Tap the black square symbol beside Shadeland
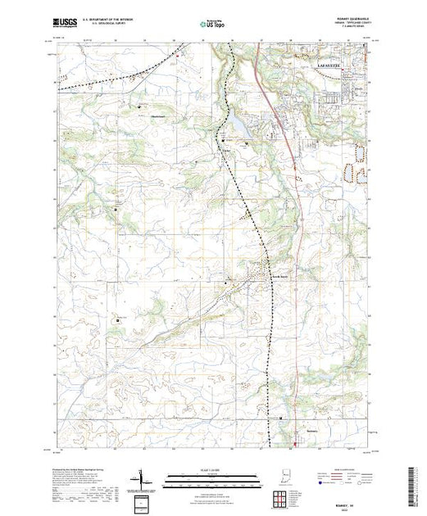coord(140,106)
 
